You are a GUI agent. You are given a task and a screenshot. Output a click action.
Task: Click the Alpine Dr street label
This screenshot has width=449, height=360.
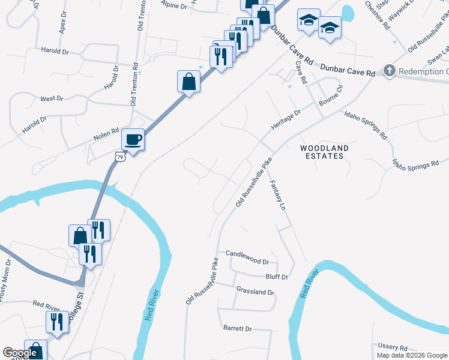click(x=175, y=4)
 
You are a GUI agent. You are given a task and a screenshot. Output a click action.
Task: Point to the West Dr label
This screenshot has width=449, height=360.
click(x=51, y=98)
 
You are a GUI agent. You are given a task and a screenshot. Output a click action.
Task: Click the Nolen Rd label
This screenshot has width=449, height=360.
click(x=106, y=136)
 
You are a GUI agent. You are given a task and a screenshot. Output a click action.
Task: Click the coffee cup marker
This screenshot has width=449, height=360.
click(x=133, y=140)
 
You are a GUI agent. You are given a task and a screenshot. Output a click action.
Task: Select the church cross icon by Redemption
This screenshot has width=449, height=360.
click(x=389, y=71)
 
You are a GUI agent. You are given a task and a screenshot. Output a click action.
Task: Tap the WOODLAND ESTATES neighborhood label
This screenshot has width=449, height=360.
click(x=324, y=152)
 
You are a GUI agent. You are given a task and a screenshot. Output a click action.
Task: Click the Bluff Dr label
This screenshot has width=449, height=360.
click(x=277, y=277)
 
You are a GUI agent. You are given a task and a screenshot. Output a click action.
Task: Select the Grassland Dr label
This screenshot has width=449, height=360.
click(x=255, y=292)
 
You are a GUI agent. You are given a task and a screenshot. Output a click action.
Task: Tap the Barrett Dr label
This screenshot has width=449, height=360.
click(x=237, y=329)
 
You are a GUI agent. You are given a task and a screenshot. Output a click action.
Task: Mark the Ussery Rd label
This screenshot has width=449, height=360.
click(x=393, y=347)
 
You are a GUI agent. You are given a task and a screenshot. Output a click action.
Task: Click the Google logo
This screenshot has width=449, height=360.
click(x=20, y=353)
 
